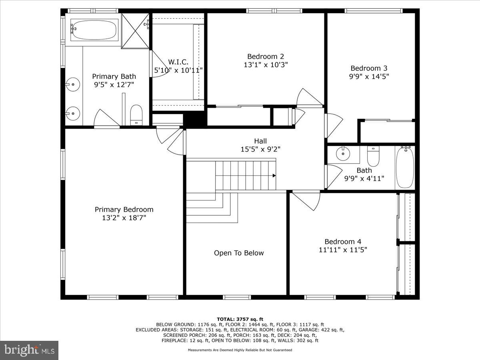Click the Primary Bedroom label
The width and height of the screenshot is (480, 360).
pos(124,210)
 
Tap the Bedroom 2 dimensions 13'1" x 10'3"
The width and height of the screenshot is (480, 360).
pos(266,64)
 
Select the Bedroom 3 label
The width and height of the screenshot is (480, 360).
pos(369,68)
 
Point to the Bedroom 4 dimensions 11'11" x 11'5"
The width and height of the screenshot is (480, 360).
pos(343,250)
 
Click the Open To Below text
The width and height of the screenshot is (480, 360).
pos(239,253)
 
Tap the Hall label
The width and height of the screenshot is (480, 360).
pos(260,141)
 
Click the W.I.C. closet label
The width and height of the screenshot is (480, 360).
pos(178,62)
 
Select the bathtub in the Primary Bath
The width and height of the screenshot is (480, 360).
pos(94,30)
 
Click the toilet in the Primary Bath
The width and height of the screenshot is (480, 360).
pos(136,114)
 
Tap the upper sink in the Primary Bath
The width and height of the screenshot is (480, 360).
pos(72,84)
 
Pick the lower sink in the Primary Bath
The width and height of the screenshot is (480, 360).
pos(72,113)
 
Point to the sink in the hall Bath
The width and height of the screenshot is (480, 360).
pos(343,153)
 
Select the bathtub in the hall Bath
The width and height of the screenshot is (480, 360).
pos(405,167)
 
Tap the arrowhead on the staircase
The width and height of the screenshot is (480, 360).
pos(274,175)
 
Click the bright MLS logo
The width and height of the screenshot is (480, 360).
pos(29,350)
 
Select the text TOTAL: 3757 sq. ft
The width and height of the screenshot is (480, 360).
pos(240,319)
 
